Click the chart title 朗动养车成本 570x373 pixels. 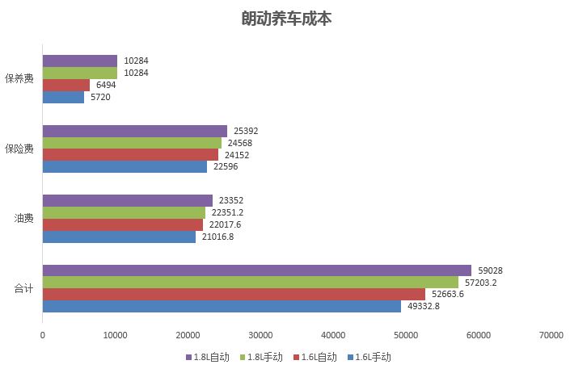[286, 19]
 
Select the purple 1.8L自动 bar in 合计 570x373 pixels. [256, 270]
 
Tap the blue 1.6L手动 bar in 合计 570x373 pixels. [222, 306]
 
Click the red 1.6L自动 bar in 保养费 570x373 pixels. [66, 85]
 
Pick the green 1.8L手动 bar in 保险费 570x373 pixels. [131, 143]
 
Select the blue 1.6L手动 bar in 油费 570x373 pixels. [119, 237]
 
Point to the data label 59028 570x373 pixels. [491, 270]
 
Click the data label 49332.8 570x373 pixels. [424, 306]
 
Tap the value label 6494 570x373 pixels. [106, 85]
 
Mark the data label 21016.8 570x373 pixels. [218, 237]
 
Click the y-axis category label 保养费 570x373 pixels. [19, 78]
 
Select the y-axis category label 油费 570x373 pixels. [23, 219]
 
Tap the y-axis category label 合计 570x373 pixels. [23, 288]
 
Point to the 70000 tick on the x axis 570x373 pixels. [551, 335]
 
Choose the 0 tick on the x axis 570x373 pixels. [43, 335]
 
